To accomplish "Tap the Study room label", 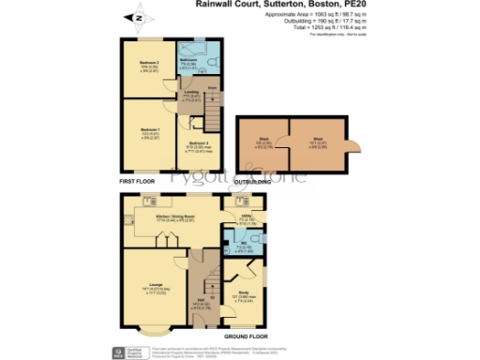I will (x=244, y=296).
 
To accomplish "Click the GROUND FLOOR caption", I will (x=245, y=336).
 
